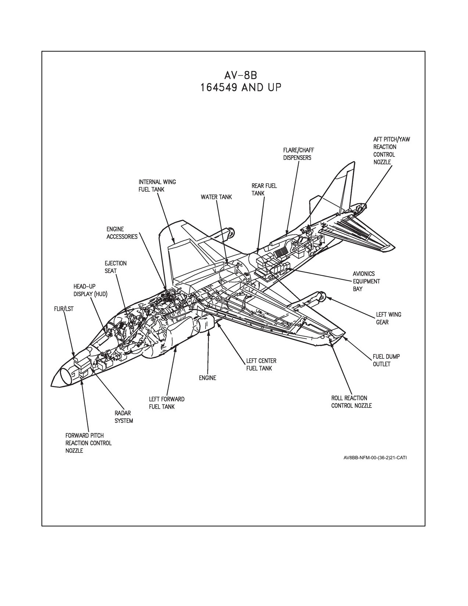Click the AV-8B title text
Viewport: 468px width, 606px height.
click(240, 76)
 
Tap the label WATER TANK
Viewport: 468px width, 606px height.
click(216, 197)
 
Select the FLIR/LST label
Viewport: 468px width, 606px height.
click(64, 309)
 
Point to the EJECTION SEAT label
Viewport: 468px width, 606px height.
click(116, 267)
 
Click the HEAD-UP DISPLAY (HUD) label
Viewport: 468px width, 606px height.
click(90, 290)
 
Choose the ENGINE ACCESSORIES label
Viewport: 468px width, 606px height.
click(122, 233)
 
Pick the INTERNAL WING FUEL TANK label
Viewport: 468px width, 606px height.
click(157, 185)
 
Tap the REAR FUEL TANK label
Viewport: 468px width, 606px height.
click(264, 190)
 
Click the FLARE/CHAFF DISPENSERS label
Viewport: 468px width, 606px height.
click(298, 154)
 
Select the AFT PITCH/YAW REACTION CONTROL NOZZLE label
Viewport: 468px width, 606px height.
click(392, 151)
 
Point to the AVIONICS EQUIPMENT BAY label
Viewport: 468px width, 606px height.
click(366, 281)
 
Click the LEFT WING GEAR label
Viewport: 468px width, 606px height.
click(389, 318)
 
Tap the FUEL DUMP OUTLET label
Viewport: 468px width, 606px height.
click(387, 360)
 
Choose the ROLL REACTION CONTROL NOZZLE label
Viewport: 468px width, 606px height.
click(352, 402)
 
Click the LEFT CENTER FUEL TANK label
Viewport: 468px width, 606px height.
click(261, 364)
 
